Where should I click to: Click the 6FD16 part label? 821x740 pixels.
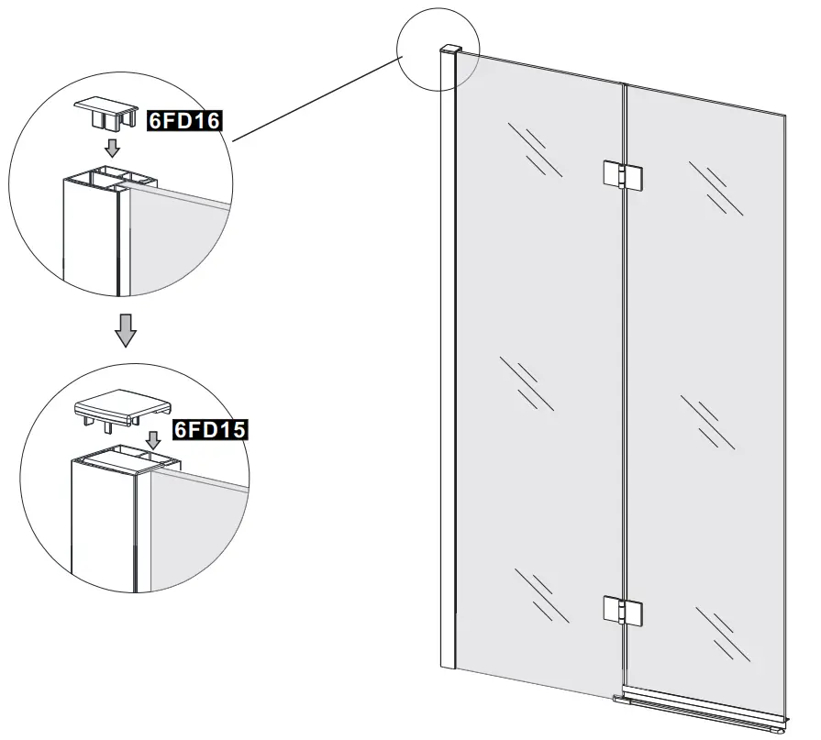click(186, 119)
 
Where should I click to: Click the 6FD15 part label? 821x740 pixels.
click(212, 429)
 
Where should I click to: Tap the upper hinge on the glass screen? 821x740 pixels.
click(622, 176)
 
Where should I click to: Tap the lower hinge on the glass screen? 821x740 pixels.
click(622, 609)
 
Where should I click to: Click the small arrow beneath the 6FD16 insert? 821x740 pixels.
click(112, 148)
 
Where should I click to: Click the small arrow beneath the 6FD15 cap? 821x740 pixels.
click(153, 438)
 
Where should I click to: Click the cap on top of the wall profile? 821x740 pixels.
click(449, 48)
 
